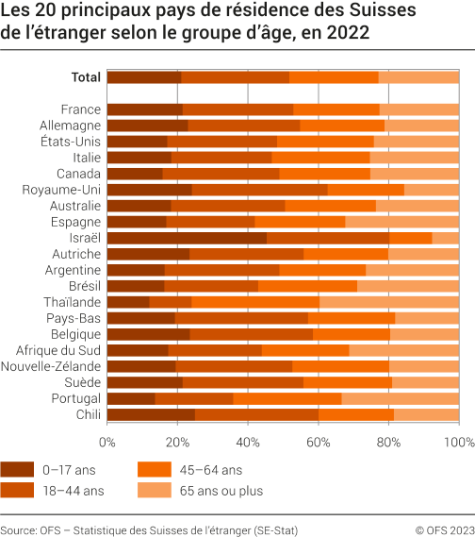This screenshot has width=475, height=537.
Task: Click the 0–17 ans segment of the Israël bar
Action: (187, 238)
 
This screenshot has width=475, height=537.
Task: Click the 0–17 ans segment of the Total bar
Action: (143, 77)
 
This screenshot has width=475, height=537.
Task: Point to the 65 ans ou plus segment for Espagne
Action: (402, 222)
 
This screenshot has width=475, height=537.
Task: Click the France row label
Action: (80, 109)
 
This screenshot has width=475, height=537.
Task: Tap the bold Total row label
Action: (86, 77)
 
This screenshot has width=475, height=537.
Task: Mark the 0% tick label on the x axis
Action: (107, 441)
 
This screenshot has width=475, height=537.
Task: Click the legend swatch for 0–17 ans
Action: (17, 468)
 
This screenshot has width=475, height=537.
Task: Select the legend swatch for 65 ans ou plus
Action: (155, 491)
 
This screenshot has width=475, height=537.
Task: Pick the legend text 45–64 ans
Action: (212, 468)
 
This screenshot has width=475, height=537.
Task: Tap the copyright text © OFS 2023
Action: (438, 530)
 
